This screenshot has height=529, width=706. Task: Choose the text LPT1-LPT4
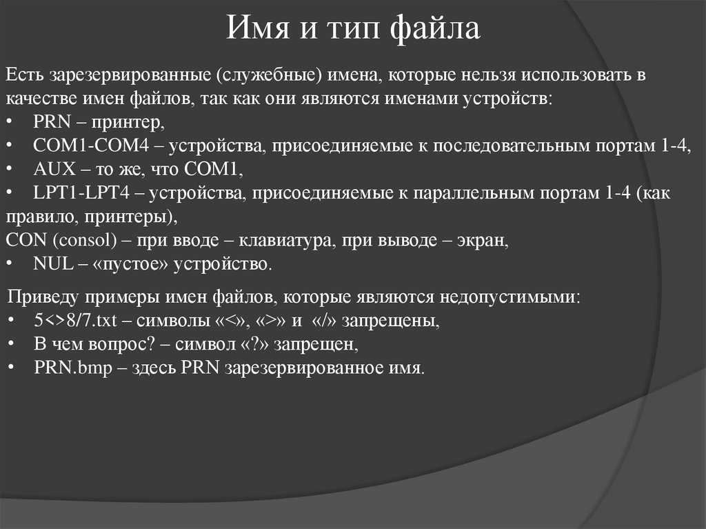pos(71,194)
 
